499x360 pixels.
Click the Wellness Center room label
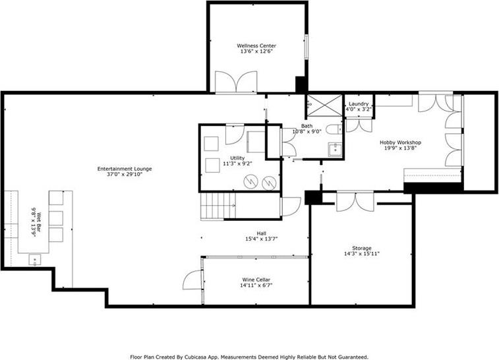256,46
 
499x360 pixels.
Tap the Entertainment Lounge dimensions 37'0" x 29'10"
125,174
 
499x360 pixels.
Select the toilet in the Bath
334,129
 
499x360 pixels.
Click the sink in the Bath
335,149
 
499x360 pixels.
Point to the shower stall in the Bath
324,105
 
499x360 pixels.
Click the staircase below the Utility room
218,206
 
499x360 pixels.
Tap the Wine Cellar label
256,280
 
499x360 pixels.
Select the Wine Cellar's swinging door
192,280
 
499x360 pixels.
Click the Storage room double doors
356,202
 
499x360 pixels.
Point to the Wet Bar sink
35,260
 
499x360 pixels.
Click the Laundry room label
359,104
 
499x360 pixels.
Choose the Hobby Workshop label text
400,142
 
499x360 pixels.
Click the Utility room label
238,158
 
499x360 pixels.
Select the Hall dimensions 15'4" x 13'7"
262,239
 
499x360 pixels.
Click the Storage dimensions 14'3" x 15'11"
362,254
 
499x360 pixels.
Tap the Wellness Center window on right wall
307,47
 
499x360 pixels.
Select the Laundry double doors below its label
359,125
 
